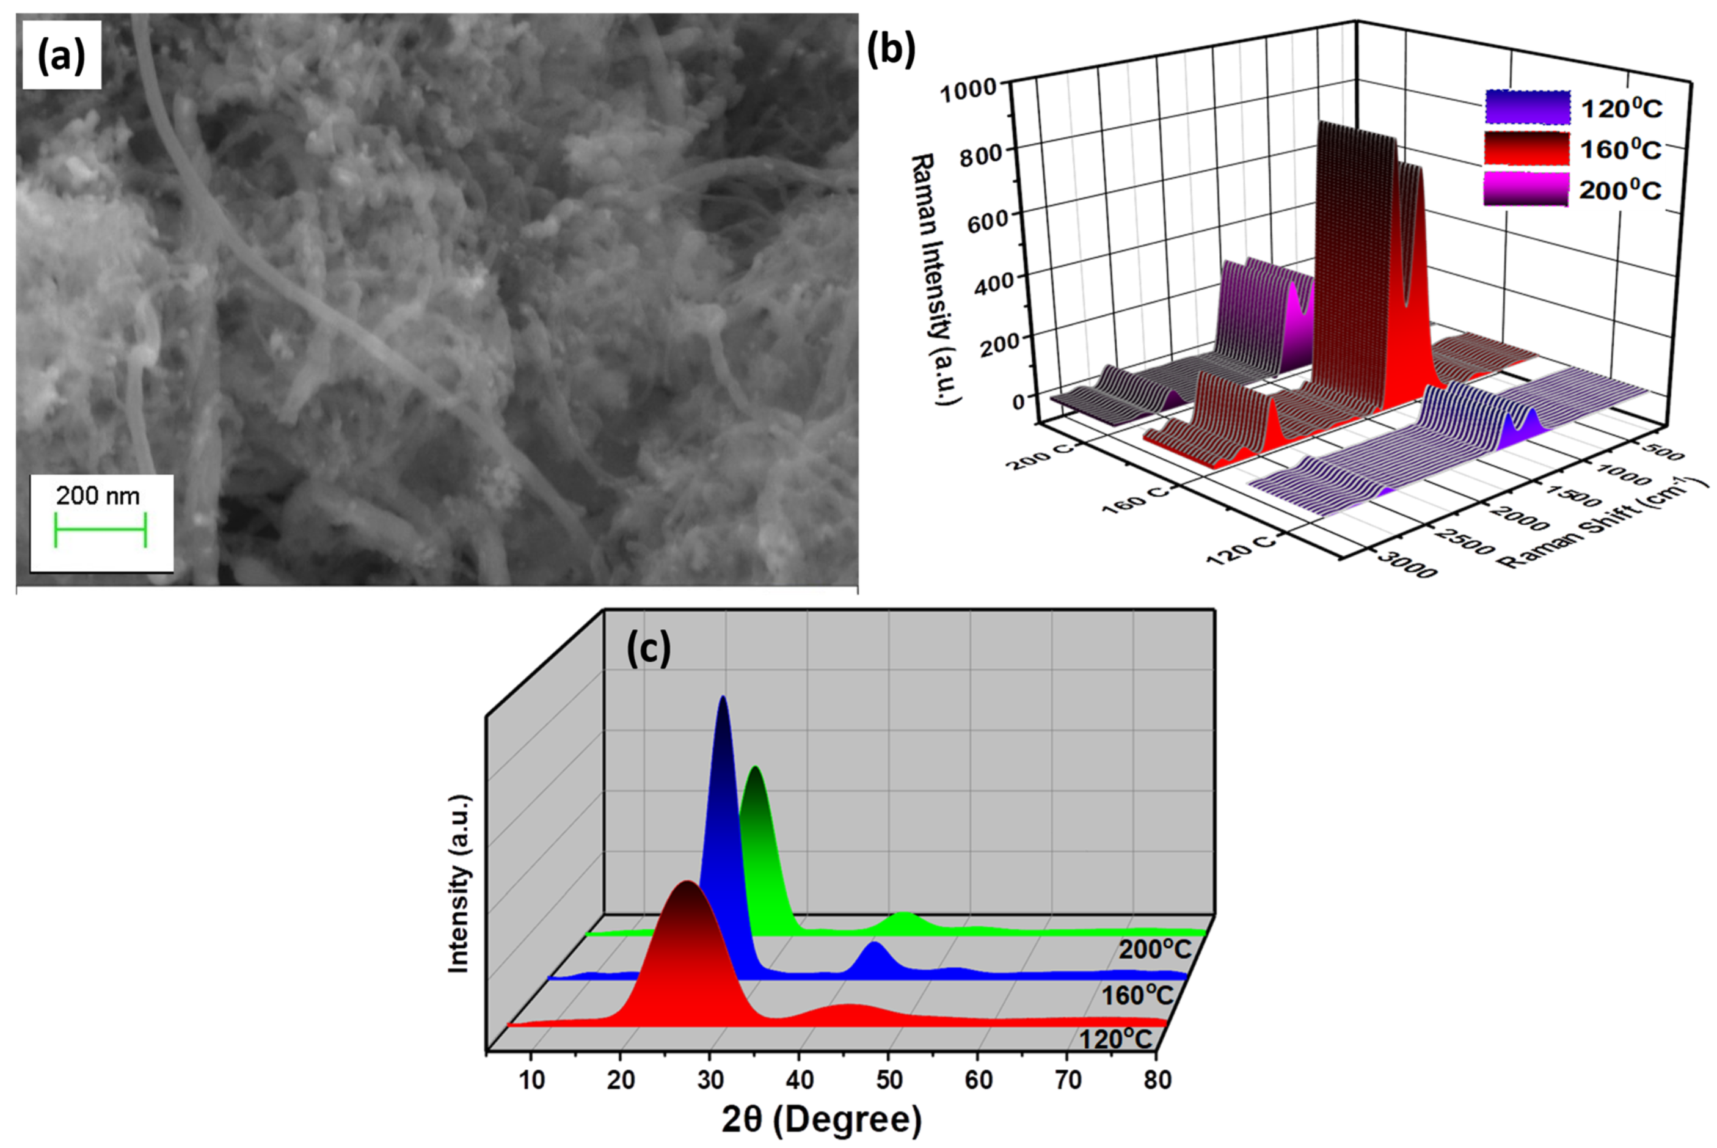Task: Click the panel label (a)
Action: point(62,56)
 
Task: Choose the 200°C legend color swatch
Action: point(1526,189)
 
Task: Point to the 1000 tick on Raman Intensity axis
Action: point(968,91)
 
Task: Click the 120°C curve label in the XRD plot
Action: point(1115,1038)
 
